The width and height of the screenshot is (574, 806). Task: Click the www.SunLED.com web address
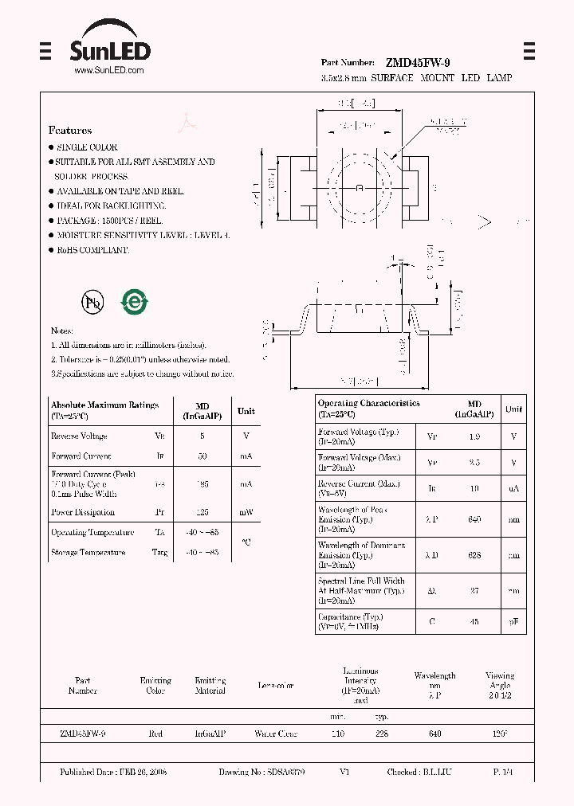(x=109, y=71)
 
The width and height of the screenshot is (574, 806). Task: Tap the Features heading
(x=70, y=130)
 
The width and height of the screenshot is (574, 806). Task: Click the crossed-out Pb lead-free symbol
(x=92, y=302)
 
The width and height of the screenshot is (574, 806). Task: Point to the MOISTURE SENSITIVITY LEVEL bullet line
(x=143, y=235)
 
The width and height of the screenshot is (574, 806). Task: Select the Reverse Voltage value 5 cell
(x=202, y=436)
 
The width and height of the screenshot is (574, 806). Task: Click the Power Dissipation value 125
(x=202, y=512)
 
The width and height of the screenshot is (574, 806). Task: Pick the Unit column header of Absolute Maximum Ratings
(x=246, y=411)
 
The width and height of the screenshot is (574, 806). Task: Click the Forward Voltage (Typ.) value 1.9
(x=474, y=436)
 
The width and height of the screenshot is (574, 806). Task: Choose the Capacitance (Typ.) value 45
(x=474, y=621)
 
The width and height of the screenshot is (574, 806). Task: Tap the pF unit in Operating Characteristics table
(x=514, y=621)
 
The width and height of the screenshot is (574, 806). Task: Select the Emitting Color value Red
(x=155, y=734)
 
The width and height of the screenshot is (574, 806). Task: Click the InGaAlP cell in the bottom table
(x=210, y=734)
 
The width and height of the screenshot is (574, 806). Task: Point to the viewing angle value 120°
(x=500, y=734)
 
